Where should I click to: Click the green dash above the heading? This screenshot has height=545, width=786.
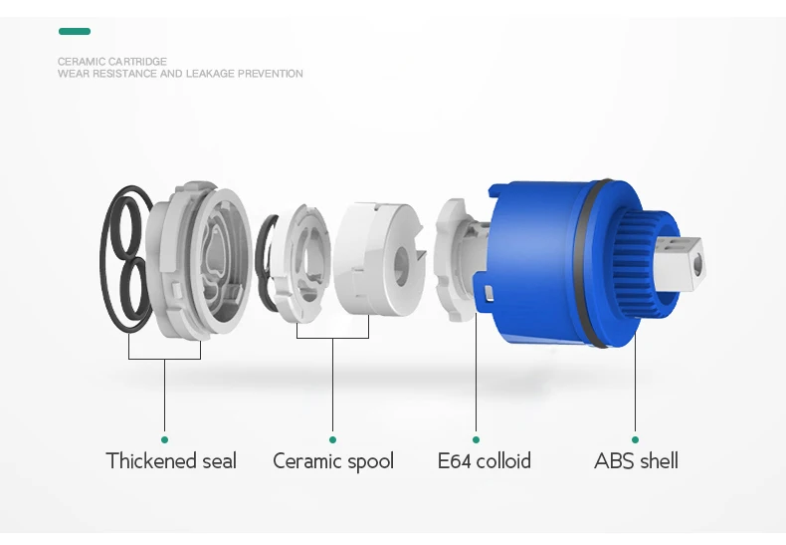coord(74,32)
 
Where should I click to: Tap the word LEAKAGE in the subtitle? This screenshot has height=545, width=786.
coord(209,74)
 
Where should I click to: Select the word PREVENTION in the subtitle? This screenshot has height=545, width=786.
coord(271,74)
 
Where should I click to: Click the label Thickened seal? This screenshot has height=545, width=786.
coord(171,461)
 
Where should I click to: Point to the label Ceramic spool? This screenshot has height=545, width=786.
coord(333,461)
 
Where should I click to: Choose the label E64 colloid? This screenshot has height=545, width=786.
coord(485,461)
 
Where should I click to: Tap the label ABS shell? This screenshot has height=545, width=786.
coord(636,461)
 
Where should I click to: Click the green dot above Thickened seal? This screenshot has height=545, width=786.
coord(164,439)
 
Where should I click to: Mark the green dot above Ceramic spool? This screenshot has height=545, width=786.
coord(332,439)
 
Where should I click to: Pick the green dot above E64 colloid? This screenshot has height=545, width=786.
coord(476,439)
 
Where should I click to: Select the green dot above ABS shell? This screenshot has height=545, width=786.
coord(635,439)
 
